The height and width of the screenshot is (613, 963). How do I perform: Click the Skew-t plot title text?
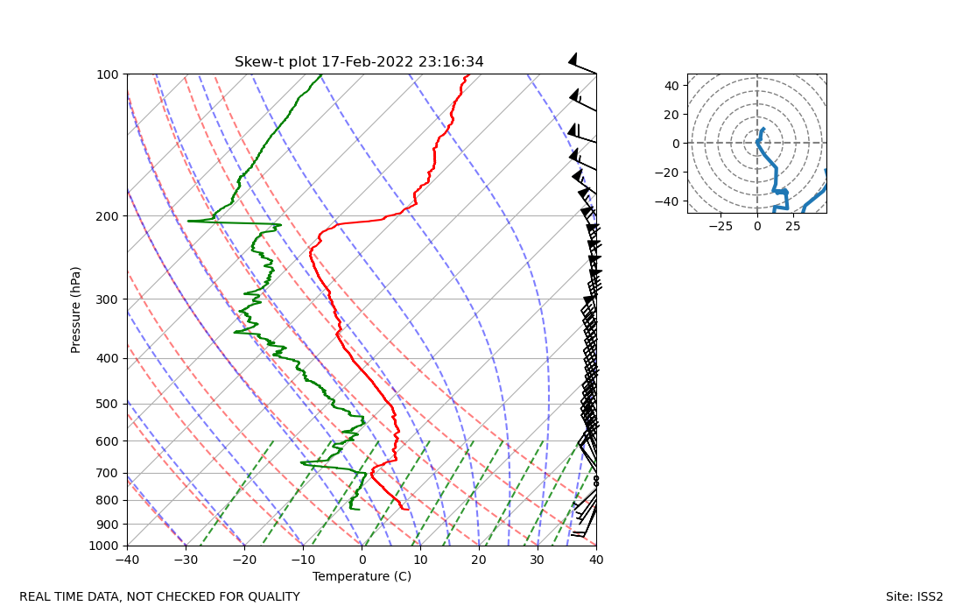tap(359, 62)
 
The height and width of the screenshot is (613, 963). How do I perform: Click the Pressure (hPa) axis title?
tap(76, 310)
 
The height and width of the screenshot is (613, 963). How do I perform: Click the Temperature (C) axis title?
tap(362, 576)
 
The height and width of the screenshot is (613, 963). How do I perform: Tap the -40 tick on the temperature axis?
tap(127, 560)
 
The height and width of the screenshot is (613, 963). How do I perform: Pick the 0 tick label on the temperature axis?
tap(362, 560)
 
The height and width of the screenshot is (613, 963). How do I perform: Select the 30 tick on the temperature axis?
tap(538, 560)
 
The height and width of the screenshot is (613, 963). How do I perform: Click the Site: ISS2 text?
tap(914, 597)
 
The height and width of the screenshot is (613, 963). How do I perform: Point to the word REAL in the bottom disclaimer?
tap(36, 597)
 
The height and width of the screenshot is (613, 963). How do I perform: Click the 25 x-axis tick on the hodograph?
tap(793, 226)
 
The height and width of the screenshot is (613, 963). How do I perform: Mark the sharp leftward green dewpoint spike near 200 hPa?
tap(189, 221)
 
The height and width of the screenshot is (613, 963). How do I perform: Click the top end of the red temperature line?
tap(468, 74)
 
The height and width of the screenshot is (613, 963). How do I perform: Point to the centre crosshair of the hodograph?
tap(757, 143)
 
